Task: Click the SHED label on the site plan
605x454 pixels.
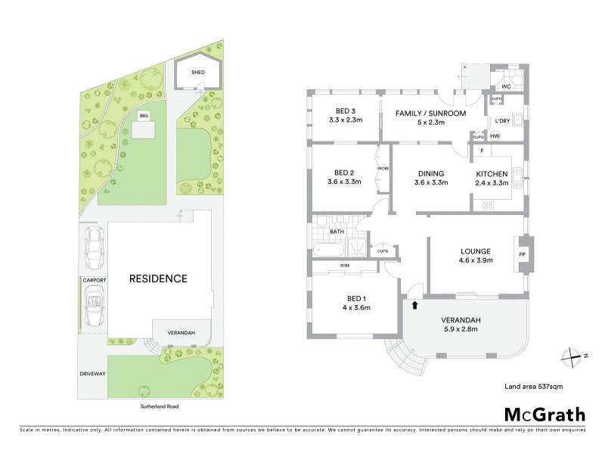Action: point(198,73)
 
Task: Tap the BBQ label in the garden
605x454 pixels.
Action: point(142,116)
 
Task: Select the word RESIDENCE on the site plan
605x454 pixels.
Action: point(158,278)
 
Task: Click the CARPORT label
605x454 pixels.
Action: point(95,280)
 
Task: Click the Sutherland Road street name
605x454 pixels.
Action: point(158,406)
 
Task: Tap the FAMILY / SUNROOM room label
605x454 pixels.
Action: point(430,113)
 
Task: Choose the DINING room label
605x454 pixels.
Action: point(429,173)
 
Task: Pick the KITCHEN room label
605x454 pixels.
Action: point(491,173)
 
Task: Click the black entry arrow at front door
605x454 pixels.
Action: point(414,306)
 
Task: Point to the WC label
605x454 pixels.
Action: point(506,87)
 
